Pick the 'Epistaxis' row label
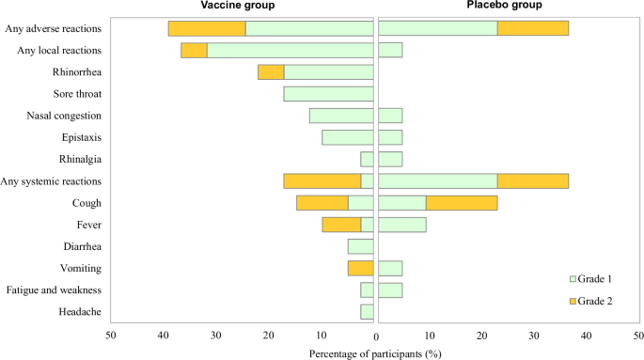(x=82, y=137)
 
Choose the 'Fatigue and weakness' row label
(x=59, y=290)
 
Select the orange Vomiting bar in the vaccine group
(x=361, y=268)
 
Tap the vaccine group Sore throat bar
(x=328, y=94)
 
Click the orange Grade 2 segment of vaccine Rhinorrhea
(x=271, y=72)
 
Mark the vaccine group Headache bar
(x=367, y=312)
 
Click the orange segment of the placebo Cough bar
(x=462, y=203)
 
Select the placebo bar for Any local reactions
(x=389, y=50)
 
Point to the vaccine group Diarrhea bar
(x=361, y=246)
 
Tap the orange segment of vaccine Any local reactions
(x=194, y=50)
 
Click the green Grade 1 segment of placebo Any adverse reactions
(x=436, y=28)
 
